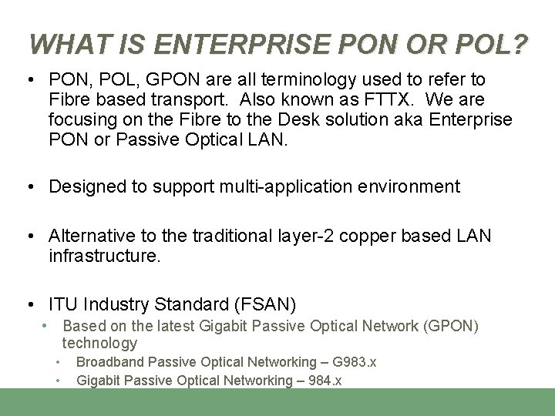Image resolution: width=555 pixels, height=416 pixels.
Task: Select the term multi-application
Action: pyautogui.click(x=277, y=186)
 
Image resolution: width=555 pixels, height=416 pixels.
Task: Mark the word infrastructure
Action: pyautogui.click(x=105, y=256)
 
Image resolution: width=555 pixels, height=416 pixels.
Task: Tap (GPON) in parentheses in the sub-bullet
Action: pyautogui.click(x=451, y=326)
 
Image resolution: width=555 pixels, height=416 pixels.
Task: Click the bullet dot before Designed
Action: pyautogui.click(x=30, y=186)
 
